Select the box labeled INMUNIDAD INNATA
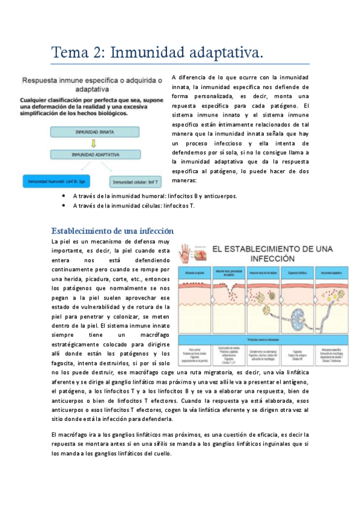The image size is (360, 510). [x=91, y=131]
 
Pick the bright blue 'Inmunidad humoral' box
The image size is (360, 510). [x=56, y=180]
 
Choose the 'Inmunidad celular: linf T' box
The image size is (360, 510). [x=136, y=180]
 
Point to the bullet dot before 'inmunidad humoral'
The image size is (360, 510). [x=64, y=196]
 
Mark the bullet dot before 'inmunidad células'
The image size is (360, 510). [x=64, y=206]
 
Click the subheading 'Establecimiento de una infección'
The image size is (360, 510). [x=112, y=231]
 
